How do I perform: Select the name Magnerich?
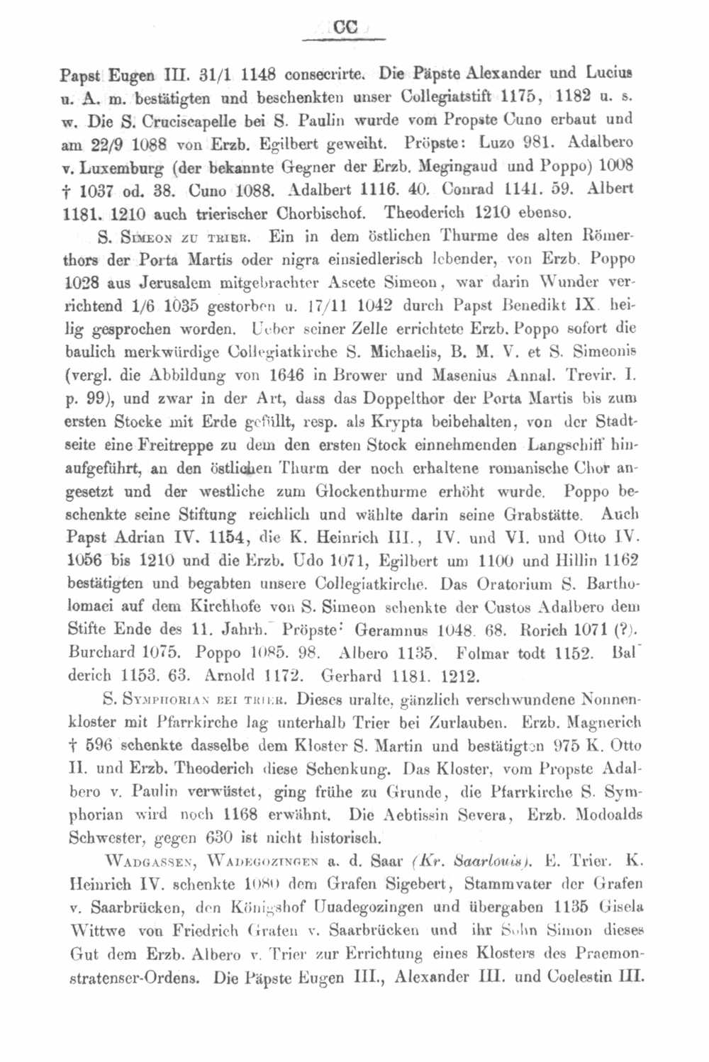pyautogui.click(x=601, y=722)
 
